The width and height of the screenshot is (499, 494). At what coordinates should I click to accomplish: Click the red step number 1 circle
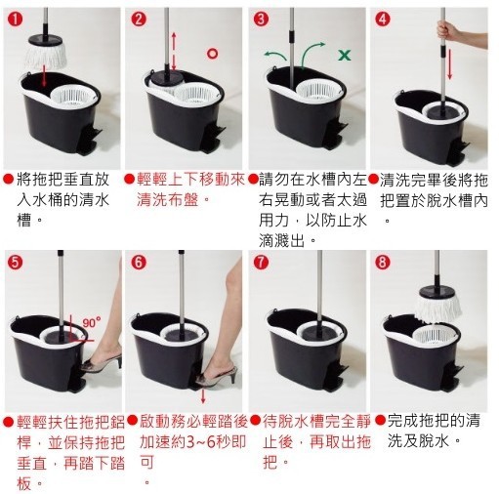tap(15, 20)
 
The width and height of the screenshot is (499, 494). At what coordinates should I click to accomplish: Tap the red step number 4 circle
tap(383, 20)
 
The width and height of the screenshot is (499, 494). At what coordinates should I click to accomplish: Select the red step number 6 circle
tap(139, 263)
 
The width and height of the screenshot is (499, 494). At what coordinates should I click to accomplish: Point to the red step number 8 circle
tap(383, 263)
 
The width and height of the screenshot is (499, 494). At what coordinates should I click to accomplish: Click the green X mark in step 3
tap(345, 55)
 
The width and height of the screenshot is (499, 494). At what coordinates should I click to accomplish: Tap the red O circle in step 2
tap(213, 54)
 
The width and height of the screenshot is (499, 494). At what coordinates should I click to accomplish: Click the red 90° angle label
tap(92, 323)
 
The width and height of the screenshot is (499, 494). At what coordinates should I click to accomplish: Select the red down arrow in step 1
tap(44, 76)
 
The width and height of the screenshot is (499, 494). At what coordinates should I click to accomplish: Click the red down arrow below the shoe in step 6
tap(203, 395)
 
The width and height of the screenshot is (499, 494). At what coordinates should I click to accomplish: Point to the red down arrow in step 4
tap(450, 63)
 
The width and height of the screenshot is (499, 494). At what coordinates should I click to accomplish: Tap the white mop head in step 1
tap(46, 57)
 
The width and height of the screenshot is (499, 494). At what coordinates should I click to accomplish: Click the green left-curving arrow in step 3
tap(274, 55)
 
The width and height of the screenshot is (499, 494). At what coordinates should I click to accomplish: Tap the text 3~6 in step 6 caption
tap(199, 442)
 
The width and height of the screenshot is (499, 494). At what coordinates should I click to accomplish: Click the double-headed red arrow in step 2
tap(174, 51)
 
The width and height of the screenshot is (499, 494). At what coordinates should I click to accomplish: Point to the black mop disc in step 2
tap(166, 77)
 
